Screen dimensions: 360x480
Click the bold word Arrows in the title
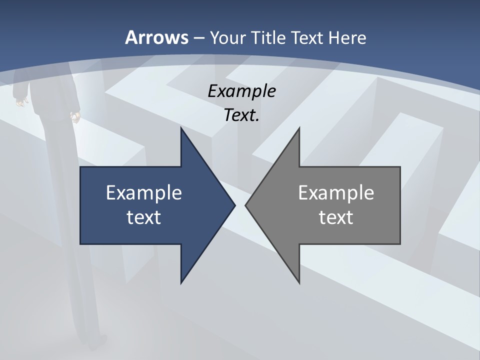(156, 37)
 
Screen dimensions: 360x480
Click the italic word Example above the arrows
(241, 91)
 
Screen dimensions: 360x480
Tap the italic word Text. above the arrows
(241, 115)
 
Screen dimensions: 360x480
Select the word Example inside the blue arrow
(144, 193)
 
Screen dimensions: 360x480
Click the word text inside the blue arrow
(144, 217)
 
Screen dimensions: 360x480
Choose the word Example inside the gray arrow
(336, 193)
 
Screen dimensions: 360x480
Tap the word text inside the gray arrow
(336, 217)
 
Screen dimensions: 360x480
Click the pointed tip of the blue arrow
(234, 205)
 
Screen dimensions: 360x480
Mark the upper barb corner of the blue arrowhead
(181, 128)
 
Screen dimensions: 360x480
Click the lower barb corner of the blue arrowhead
(181, 282)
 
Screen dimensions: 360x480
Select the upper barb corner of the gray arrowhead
(299, 128)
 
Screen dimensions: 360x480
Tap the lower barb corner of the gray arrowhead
(299, 282)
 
